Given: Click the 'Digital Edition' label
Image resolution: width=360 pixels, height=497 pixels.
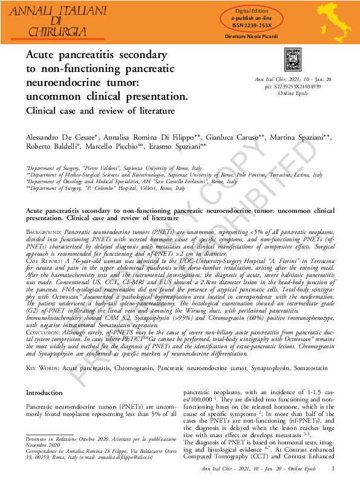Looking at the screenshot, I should tap(251, 11).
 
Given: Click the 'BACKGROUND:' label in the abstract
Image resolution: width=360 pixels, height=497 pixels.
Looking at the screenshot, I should tap(44, 232).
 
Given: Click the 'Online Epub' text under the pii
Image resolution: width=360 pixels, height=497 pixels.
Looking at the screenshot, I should tap(293, 93).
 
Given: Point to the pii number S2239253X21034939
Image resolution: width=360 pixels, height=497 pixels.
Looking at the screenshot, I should tap(297, 86).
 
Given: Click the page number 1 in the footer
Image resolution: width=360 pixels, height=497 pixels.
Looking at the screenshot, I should tap(333, 468).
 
